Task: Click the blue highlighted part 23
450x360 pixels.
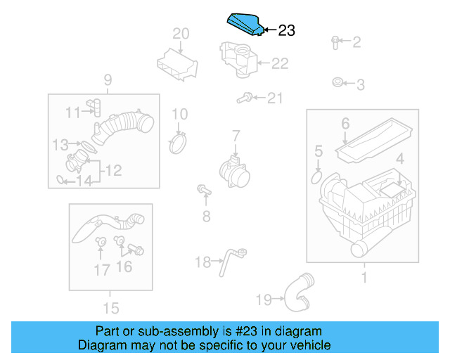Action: pyautogui.click(x=244, y=25)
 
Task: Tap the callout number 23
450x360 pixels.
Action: pyautogui.click(x=287, y=30)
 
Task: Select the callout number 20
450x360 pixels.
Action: pyautogui.click(x=181, y=34)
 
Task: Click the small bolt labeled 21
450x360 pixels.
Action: pyautogui.click(x=245, y=99)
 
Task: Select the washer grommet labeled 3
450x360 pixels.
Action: pyautogui.click(x=338, y=84)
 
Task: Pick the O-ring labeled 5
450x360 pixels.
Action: pyautogui.click(x=314, y=173)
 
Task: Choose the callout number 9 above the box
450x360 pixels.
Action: pyautogui.click(x=108, y=79)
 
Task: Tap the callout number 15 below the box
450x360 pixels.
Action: pyautogui.click(x=110, y=307)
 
